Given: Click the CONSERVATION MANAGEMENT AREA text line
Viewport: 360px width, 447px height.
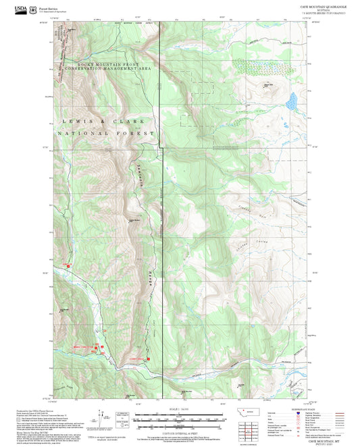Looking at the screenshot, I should [108, 69].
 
